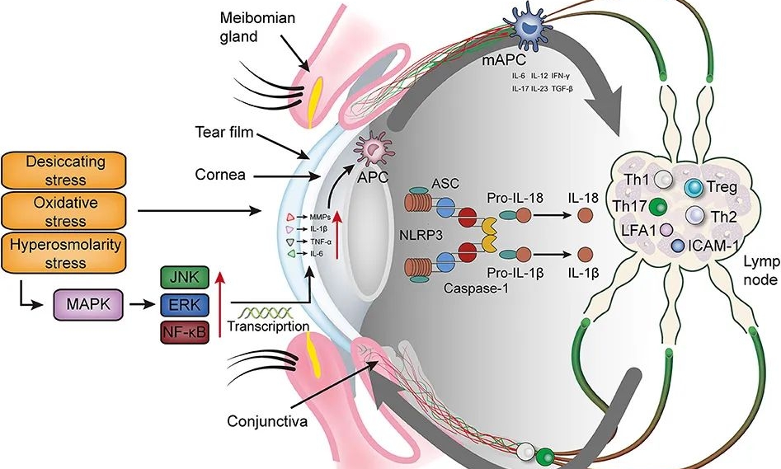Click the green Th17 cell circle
coord(657,206)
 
